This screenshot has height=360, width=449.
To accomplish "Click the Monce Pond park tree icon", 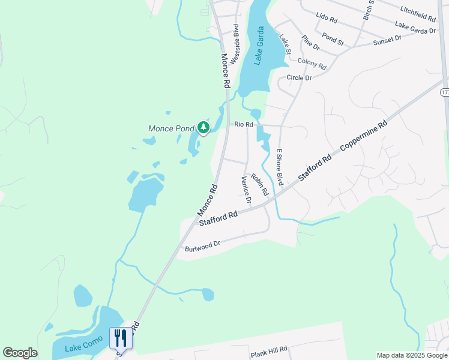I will (x=203, y=127).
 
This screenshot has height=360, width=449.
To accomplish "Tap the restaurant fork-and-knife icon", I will (x=121, y=338).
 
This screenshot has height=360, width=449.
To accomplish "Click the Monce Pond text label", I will (x=171, y=128).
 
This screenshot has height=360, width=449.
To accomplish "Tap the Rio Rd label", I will (x=244, y=124).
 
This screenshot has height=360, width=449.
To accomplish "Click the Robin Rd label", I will (x=259, y=184).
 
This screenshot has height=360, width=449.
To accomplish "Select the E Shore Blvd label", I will (x=279, y=167).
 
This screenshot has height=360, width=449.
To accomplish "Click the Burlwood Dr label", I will (x=203, y=245).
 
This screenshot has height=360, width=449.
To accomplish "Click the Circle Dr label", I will (x=299, y=78).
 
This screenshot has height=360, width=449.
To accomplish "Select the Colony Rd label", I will (x=312, y=62).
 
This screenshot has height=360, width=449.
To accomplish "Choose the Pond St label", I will (x=333, y=40).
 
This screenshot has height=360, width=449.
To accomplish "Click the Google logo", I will (x=20, y=353).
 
